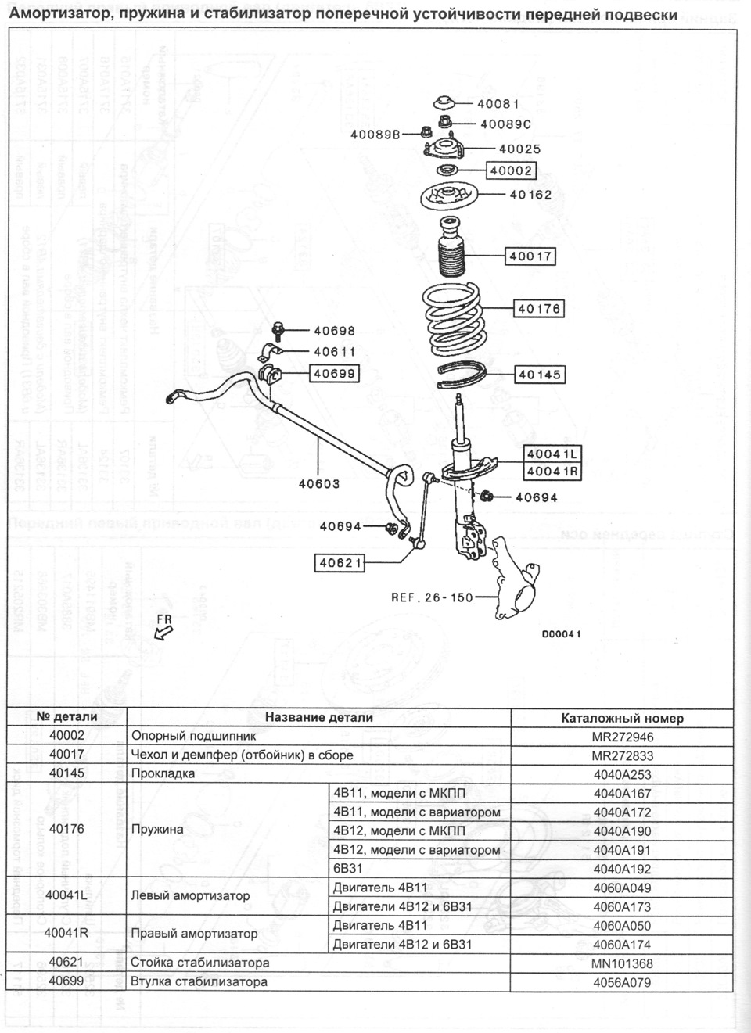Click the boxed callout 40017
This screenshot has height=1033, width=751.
(x=530, y=256)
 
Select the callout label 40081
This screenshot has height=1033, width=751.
(x=498, y=104)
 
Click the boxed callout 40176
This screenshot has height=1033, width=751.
(x=538, y=309)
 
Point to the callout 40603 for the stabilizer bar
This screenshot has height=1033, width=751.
(x=319, y=484)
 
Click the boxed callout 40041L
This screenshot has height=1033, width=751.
(x=553, y=454)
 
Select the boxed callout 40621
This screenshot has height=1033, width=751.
(x=340, y=561)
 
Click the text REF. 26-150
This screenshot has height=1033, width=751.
(x=432, y=597)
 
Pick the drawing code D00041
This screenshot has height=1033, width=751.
(x=561, y=634)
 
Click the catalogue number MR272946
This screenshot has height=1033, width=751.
(x=622, y=737)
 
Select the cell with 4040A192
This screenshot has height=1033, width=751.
(x=622, y=869)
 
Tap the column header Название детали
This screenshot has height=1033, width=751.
(x=318, y=717)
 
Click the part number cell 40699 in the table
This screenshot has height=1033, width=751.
(x=66, y=982)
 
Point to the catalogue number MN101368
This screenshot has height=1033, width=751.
(x=622, y=963)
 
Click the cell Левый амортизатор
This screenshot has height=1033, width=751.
(x=190, y=896)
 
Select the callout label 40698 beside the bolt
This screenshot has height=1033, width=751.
(x=334, y=332)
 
